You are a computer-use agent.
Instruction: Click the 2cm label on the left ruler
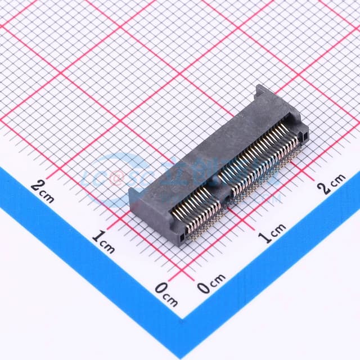(43, 190)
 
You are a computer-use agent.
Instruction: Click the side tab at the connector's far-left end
(133, 197)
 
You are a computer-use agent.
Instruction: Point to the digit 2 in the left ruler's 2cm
(37, 185)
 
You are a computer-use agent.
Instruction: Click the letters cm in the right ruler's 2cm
(338, 180)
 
